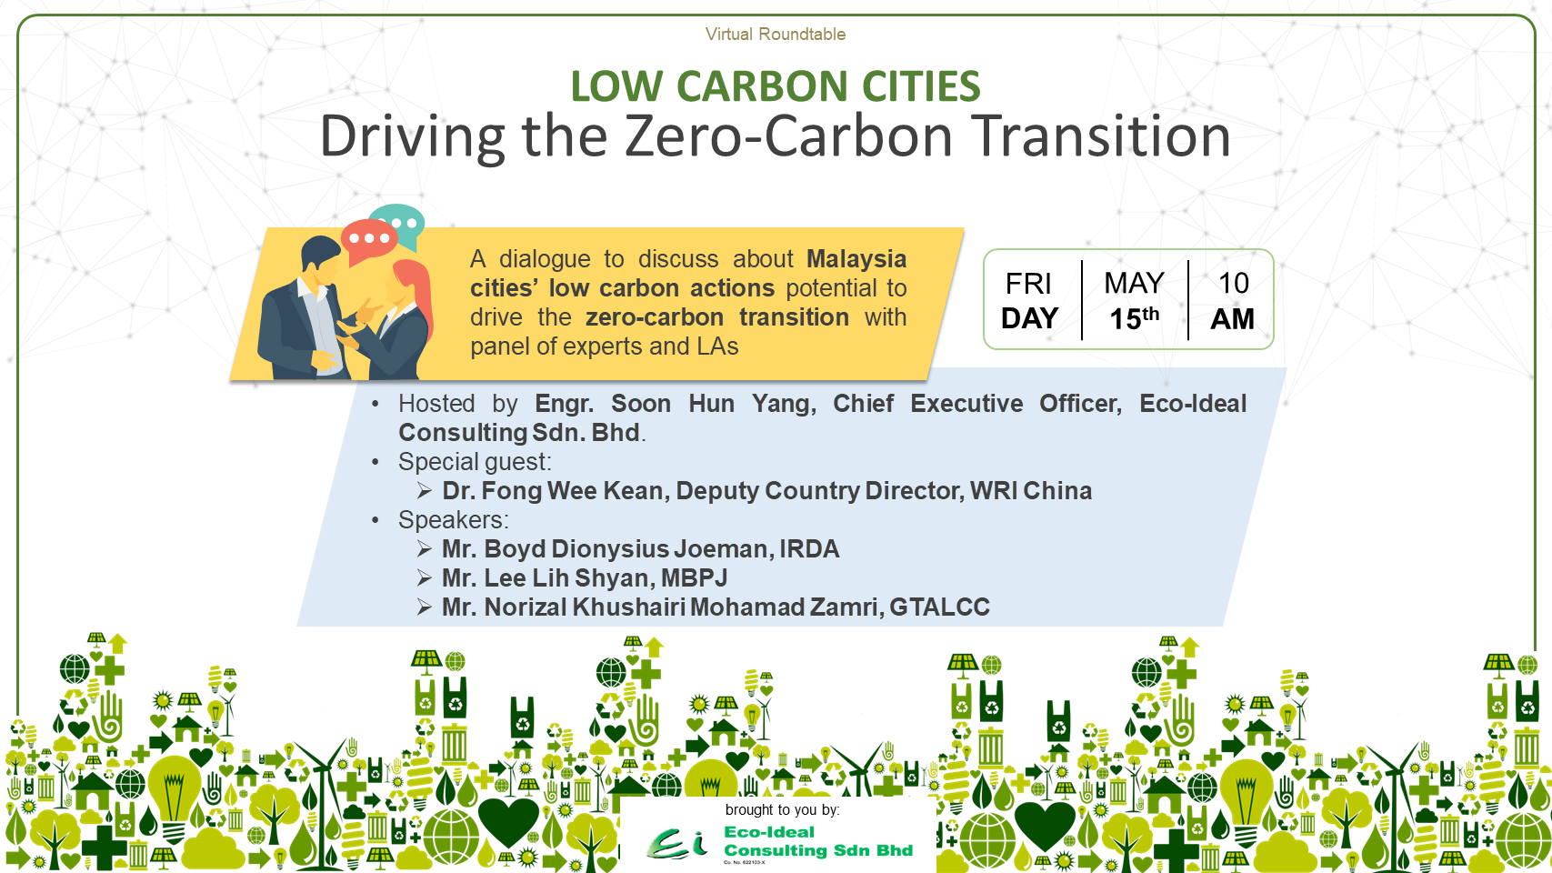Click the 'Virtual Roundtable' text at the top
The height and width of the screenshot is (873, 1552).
[776, 34]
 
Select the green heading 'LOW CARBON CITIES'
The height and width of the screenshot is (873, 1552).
[776, 86]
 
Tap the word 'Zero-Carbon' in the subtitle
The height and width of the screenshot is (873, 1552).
[789, 135]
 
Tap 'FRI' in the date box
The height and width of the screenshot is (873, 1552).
[1028, 284]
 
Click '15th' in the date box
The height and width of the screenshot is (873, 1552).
[1134, 318]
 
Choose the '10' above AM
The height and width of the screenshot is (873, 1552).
[1233, 283]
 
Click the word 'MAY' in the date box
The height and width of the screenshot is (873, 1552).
[1134, 283]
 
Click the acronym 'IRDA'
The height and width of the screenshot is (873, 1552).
[809, 548]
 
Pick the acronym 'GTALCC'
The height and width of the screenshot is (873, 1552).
[939, 607]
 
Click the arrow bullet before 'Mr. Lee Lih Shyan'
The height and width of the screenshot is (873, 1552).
[424, 577]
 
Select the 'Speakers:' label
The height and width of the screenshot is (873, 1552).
[453, 519]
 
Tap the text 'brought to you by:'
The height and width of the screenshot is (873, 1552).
[782, 809]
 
